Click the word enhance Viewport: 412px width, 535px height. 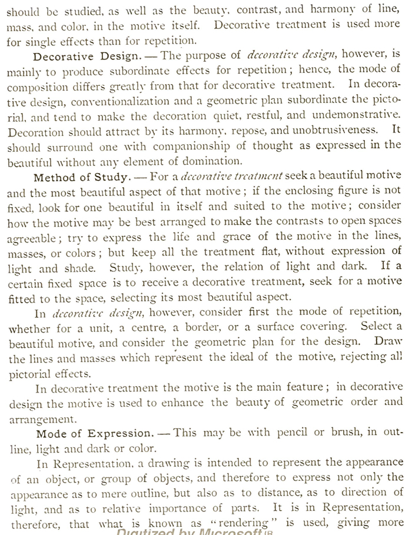(x=185, y=403)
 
